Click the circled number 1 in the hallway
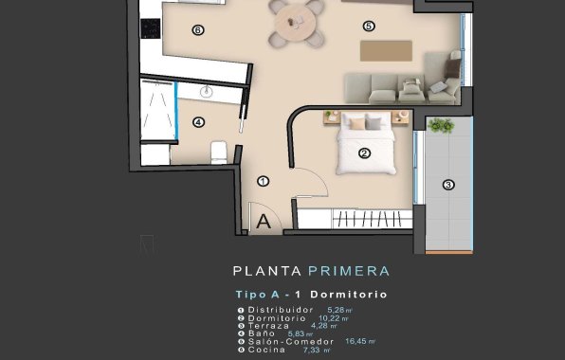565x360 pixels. (x=263, y=181)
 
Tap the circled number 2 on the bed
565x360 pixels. (x=363, y=152)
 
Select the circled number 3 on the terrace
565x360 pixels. (x=448, y=185)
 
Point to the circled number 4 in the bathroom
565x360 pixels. (x=197, y=121)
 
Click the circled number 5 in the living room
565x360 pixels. (x=369, y=26)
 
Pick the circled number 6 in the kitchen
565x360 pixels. (x=197, y=29)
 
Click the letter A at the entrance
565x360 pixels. (x=264, y=222)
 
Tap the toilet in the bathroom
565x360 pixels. (x=218, y=152)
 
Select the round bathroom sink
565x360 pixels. (x=209, y=90)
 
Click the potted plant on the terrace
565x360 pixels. (x=440, y=125)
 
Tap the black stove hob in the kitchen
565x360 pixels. (x=149, y=28)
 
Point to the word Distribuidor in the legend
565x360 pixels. (x=281, y=310)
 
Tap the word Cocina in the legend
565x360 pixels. (x=267, y=350)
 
